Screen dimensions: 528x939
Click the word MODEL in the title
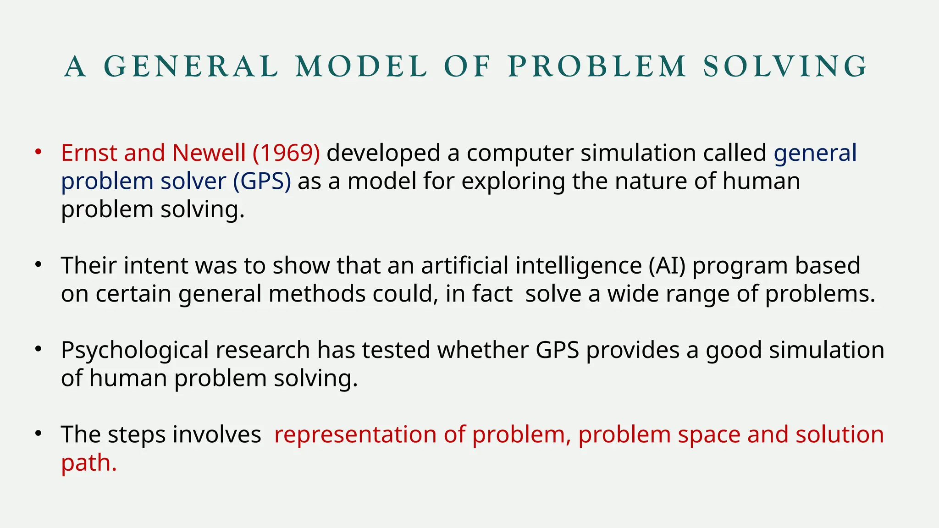tap(361, 66)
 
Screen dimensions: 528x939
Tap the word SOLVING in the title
tap(785, 66)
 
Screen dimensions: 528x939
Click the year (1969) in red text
tap(286, 153)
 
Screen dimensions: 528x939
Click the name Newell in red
tap(209, 153)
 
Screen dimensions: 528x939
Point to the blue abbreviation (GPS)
tap(262, 181)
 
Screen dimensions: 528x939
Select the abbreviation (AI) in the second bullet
tap(667, 266)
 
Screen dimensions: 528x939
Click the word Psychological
tap(135, 351)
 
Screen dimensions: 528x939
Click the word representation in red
tap(355, 435)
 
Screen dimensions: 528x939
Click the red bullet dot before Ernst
tap(39, 152)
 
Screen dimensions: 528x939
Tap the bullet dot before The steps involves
tap(39, 433)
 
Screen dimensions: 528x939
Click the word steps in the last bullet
tap(136, 435)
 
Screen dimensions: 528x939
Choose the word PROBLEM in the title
tap(597, 66)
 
